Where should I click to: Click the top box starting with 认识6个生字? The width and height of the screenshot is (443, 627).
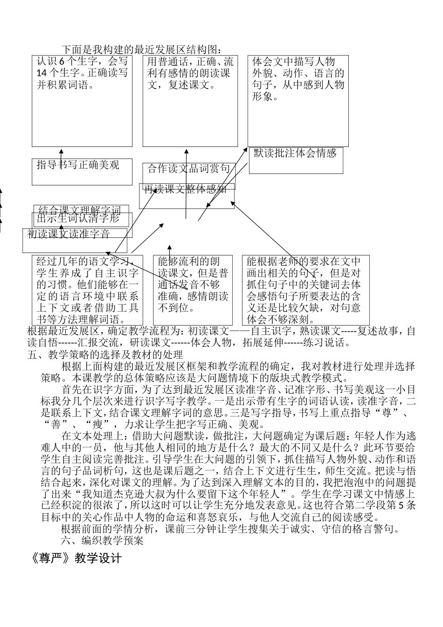(x=82, y=101)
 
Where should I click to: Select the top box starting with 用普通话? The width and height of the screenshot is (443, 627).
(x=190, y=101)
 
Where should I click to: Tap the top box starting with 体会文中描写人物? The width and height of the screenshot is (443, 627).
(x=298, y=101)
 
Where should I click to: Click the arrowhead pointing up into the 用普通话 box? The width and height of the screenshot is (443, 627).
(x=187, y=151)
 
